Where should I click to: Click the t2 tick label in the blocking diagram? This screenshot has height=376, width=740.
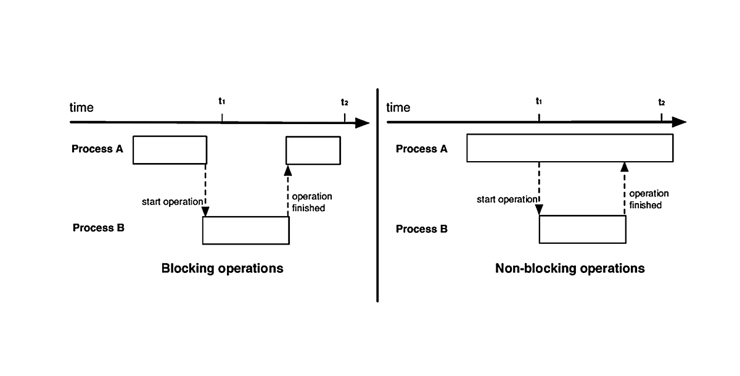344,102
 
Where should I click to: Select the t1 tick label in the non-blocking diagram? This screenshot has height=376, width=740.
539,101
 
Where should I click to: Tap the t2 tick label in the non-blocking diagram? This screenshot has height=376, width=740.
661,102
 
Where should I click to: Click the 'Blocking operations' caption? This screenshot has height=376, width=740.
222,269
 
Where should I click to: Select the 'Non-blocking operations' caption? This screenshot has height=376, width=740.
570,269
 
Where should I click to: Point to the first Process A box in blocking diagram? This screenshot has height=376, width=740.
170,149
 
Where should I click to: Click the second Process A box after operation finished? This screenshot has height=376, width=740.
313,150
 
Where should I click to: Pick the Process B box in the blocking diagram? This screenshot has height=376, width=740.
245,230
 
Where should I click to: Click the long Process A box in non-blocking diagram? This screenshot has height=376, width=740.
570,148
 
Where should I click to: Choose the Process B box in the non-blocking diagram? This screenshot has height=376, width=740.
582,230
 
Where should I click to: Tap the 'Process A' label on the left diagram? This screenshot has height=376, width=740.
97,148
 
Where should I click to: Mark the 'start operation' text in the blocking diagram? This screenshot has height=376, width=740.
171,201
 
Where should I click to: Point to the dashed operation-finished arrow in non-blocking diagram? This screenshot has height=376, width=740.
625,188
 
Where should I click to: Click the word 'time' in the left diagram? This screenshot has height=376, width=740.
81,107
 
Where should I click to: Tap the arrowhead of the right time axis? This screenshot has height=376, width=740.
679,122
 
